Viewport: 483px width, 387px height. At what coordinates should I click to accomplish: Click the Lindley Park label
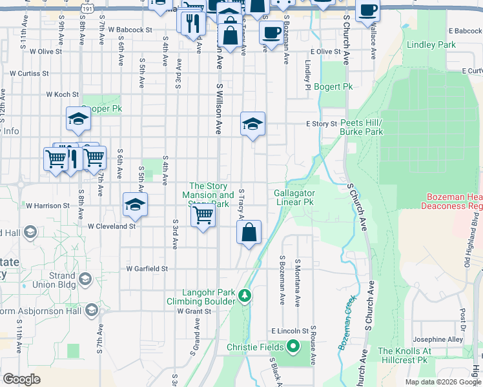point(431,45)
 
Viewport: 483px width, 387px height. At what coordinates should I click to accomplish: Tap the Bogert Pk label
point(333,86)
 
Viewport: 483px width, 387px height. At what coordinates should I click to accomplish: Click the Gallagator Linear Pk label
point(294,197)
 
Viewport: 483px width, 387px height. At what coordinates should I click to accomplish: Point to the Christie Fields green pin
point(293,347)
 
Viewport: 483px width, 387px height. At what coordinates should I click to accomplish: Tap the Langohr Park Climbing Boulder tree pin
point(244,296)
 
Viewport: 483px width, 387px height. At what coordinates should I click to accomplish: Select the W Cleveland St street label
point(112,226)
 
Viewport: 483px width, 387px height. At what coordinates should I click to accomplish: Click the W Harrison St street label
point(47,206)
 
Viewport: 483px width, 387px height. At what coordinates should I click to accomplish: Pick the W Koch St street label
point(62,94)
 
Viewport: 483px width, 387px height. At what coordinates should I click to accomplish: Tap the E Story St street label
point(322,124)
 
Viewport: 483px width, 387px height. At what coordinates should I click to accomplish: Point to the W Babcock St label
point(130,30)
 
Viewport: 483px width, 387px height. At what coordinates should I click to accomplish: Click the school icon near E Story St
point(252,124)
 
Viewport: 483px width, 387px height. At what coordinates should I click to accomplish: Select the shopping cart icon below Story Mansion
point(203,215)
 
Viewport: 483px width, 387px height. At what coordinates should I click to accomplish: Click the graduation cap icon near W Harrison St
point(135,205)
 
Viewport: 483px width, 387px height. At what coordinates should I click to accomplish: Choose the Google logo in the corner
point(21,379)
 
